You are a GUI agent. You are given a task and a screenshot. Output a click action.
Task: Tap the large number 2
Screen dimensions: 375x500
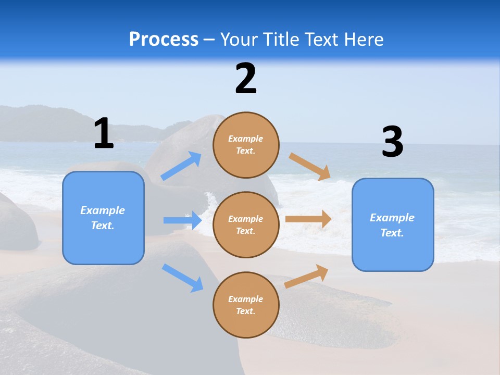246,79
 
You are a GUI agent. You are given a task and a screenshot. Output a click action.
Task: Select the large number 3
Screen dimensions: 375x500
392,142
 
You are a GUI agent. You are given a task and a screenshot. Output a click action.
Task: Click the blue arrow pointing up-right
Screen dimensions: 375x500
181,166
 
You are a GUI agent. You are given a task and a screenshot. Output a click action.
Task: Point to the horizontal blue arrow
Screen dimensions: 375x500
182,220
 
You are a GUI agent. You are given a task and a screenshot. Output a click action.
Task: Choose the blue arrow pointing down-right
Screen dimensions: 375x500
182,278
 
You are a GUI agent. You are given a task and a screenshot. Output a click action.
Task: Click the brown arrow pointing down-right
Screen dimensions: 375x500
310,167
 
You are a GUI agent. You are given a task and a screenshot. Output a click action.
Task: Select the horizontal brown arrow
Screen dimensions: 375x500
308,219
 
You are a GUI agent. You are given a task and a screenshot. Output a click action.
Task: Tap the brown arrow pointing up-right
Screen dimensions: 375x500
306,277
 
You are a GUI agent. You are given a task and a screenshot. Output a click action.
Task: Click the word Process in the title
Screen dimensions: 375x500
164,39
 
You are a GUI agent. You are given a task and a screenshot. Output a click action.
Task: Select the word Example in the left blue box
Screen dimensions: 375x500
103,210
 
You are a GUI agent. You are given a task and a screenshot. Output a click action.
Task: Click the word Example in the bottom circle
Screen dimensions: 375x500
246,299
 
